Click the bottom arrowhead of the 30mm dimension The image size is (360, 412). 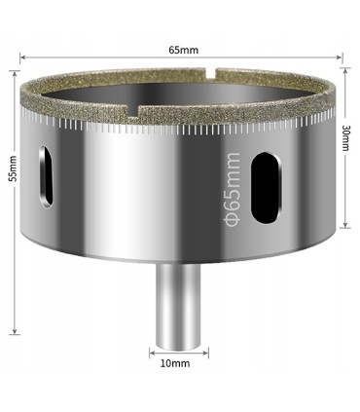[343, 228]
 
